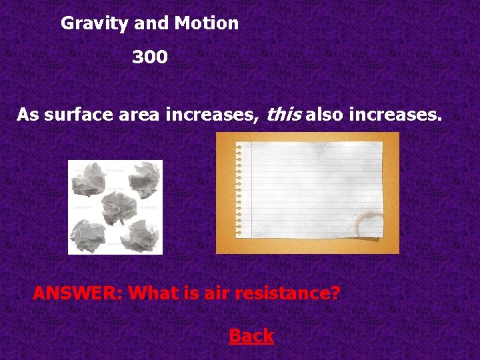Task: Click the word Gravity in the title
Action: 95,24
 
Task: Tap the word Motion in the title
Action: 206,23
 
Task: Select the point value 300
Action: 150,58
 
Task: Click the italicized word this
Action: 284,115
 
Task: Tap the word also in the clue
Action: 327,115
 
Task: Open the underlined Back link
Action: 251,336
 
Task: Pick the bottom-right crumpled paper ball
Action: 140,234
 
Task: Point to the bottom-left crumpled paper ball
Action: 89,232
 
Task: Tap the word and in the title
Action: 151,23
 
